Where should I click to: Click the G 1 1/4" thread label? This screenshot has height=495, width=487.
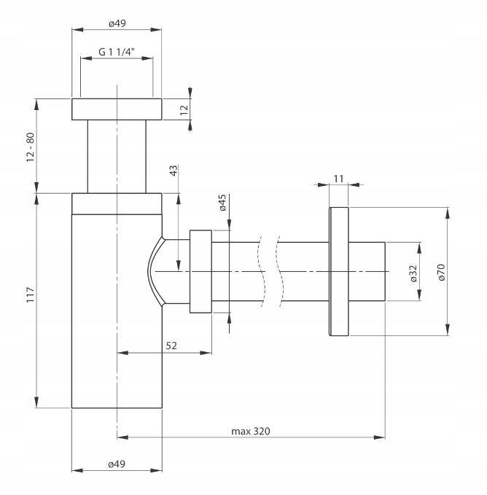point(117,52)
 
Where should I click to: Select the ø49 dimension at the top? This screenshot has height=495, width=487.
point(117,23)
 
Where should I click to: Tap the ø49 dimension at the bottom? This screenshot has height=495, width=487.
point(117,464)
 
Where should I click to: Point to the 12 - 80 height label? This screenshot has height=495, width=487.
point(31,147)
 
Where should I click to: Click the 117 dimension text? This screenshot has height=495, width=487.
point(31,295)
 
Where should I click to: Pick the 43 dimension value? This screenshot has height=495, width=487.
point(174,171)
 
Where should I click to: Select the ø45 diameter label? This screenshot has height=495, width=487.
point(222,203)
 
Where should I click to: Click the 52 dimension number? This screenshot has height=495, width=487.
point(171,346)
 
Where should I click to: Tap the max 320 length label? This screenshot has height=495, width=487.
point(251,431)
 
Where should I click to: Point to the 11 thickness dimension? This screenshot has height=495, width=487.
point(338,179)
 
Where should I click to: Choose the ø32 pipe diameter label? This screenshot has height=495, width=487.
point(413,273)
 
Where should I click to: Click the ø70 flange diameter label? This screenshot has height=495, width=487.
point(441,272)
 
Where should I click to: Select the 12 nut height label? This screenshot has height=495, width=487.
point(184,109)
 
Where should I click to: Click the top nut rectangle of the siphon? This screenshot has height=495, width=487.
point(117,109)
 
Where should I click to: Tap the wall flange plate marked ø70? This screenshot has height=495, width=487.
point(339,271)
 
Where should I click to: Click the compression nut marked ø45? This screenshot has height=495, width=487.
point(200,271)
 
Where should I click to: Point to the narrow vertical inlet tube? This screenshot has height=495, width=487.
point(117,156)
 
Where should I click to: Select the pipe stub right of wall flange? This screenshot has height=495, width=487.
point(367,271)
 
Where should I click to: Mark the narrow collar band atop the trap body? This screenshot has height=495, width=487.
point(117,203)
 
